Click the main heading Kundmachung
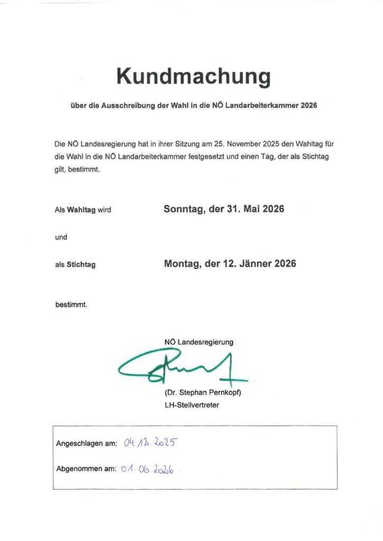pyautogui.click(x=193, y=77)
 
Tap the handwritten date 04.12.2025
pyautogui.click(x=149, y=443)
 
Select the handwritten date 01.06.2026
pyautogui.click(x=149, y=469)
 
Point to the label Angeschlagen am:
pyautogui.click(x=86, y=444)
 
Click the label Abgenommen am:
pyautogui.click(x=86, y=469)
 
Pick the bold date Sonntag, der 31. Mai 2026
pyautogui.click(x=224, y=209)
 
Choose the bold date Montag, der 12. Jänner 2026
pyautogui.click(x=230, y=264)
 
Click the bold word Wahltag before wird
pyautogui.click(x=81, y=210)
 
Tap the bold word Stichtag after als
pyautogui.click(x=81, y=265)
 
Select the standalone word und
pyautogui.click(x=61, y=237)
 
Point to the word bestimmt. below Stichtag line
pyautogui.click(x=71, y=305)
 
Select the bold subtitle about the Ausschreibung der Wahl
pyautogui.click(x=194, y=106)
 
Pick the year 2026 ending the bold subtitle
pyautogui.click(x=308, y=106)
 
